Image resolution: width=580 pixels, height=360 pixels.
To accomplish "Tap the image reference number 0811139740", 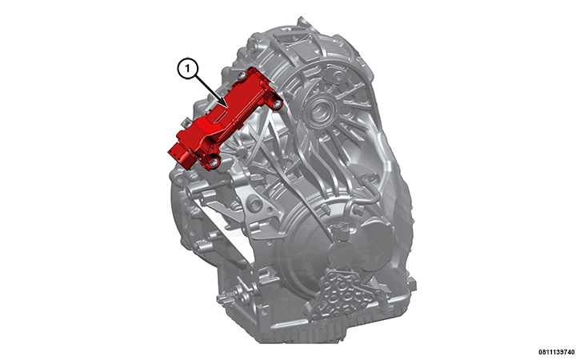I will (550, 351).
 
